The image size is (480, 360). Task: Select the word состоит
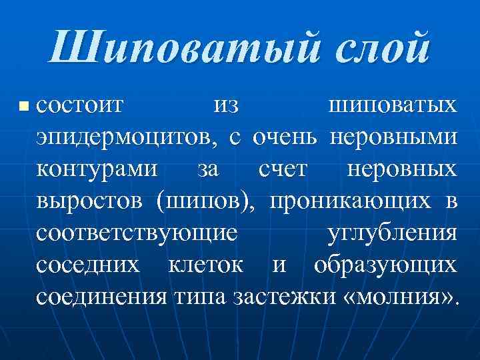click(x=80, y=105)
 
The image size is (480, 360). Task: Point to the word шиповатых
click(x=393, y=105)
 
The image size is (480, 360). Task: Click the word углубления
click(x=393, y=233)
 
